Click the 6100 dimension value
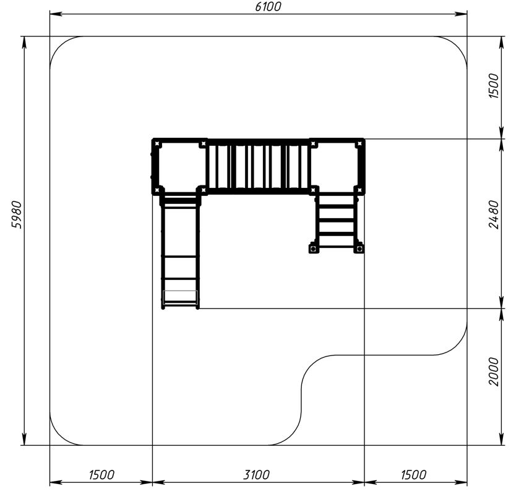[267, 7]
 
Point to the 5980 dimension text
[16, 215]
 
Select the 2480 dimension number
[494, 215]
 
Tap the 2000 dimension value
[494, 372]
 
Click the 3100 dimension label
[257, 475]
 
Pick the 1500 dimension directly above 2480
[494, 86]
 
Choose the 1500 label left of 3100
[101, 475]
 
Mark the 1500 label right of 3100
[413, 475]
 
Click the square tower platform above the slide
[179, 166]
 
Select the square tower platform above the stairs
[337, 166]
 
